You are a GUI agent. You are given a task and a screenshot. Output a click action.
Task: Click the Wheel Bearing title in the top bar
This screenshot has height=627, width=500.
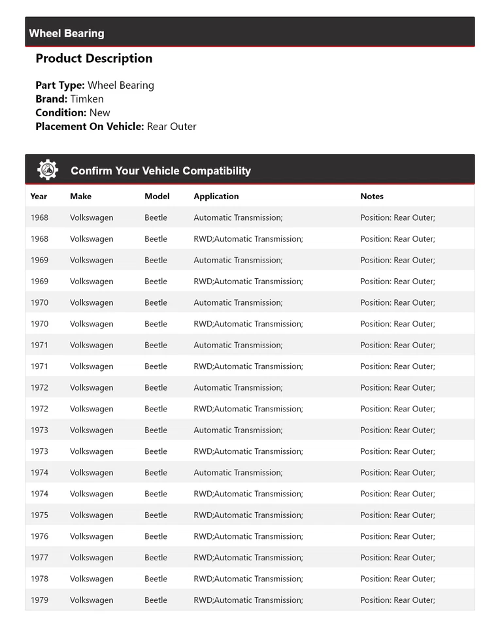[x=67, y=33]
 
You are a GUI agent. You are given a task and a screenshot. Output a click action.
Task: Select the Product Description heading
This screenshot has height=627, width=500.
[x=93, y=58]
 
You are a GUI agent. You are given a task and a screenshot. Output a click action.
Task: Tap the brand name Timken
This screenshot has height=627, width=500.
[x=87, y=99]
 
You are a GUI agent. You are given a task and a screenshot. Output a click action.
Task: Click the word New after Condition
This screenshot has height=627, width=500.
[x=100, y=112]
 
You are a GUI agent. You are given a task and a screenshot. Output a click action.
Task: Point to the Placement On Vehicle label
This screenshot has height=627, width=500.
[x=89, y=126]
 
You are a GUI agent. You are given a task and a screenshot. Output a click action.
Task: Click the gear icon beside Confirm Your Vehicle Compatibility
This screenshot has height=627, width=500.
[x=48, y=170]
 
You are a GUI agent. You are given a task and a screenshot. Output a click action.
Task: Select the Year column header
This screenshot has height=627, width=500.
[x=39, y=196]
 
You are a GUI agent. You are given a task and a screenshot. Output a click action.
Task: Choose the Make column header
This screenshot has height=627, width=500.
[x=80, y=196]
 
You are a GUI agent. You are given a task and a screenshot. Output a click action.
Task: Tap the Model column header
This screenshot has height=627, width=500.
[x=157, y=196]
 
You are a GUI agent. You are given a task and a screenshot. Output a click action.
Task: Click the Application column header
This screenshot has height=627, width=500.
[x=216, y=196]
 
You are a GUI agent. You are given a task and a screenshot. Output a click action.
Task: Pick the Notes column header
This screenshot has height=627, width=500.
[x=372, y=196]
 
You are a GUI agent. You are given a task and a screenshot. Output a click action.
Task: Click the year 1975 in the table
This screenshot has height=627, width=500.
[x=39, y=515]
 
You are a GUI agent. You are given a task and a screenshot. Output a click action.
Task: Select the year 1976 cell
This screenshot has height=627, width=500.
[x=39, y=536]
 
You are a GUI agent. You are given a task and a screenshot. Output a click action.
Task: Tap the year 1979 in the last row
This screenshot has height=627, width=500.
[x=39, y=600]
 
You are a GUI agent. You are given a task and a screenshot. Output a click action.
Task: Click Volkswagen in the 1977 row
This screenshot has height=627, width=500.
[x=92, y=557]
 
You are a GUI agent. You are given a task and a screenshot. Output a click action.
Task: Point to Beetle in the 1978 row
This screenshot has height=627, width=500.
[x=156, y=579]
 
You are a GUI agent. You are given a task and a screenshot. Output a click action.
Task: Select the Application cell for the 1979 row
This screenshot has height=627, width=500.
[x=248, y=600]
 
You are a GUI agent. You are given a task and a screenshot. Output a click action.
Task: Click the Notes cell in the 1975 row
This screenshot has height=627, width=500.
[x=397, y=515]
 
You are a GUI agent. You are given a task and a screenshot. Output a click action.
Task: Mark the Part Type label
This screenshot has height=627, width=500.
[x=60, y=85]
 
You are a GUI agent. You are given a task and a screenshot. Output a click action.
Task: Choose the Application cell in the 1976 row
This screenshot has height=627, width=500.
[x=248, y=536]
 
